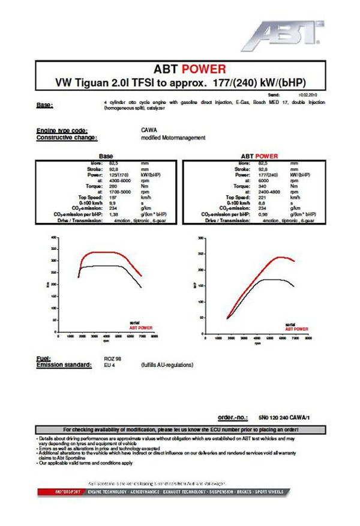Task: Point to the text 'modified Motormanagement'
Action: tap(173, 138)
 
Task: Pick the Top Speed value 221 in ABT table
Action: tap(261, 196)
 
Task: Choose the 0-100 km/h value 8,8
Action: tap(262, 202)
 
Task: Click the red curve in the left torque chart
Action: tap(108, 252)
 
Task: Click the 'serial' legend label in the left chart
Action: tap(134, 323)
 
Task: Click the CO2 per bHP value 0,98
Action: tap(262, 214)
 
